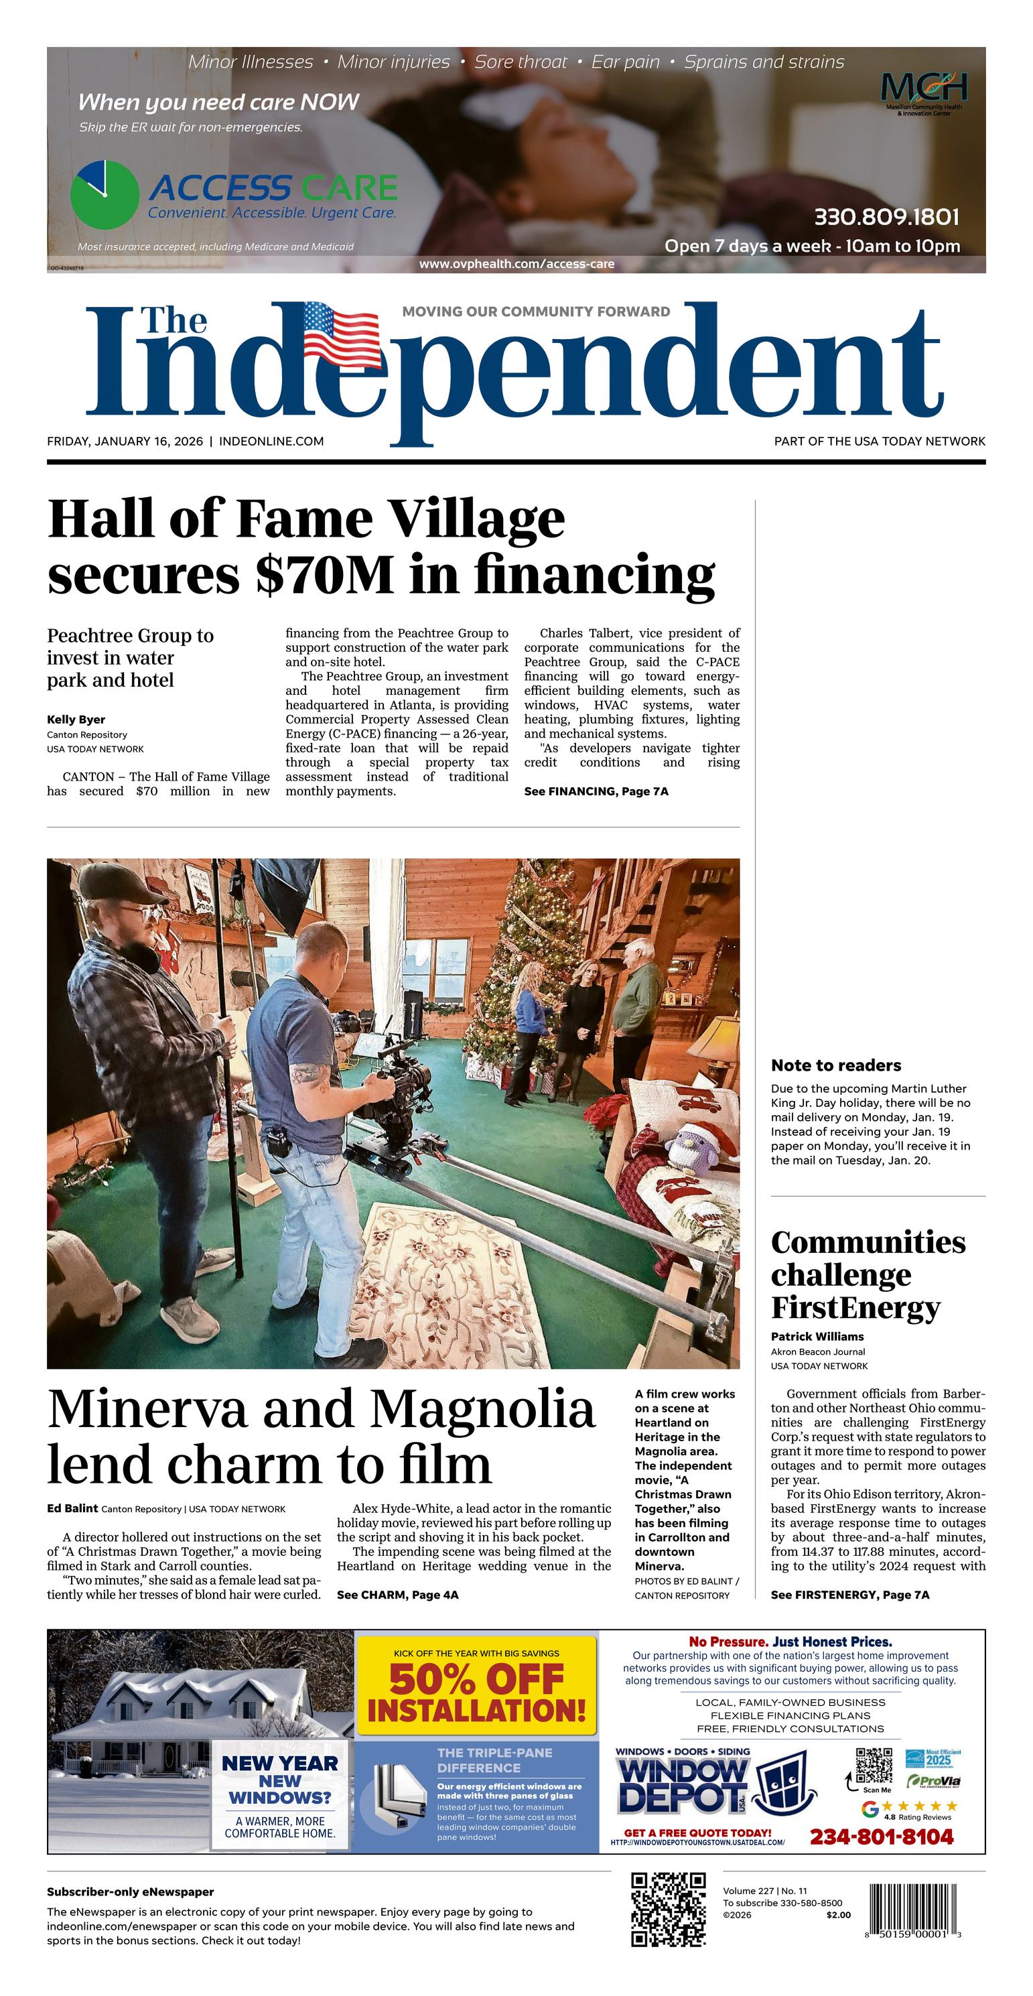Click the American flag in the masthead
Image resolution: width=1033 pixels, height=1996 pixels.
(341, 334)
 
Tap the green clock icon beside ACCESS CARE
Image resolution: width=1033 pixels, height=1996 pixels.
(105, 194)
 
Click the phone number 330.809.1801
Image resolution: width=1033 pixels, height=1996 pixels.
(886, 217)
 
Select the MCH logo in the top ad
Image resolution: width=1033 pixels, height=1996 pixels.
(924, 87)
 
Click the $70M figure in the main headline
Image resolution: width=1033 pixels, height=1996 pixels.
(325, 575)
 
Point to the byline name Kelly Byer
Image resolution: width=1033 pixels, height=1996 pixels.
(76, 719)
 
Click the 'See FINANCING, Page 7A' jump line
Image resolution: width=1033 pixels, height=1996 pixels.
(596, 791)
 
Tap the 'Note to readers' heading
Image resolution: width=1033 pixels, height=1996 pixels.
(835, 1065)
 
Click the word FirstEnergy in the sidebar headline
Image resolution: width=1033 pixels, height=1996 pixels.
(855, 1307)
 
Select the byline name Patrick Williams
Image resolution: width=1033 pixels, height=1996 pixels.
(817, 1336)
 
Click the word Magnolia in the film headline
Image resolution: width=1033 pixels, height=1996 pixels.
(482, 1408)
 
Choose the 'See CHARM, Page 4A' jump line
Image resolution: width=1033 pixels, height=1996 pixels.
(397, 1595)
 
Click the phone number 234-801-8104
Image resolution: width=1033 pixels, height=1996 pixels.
(881, 1837)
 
